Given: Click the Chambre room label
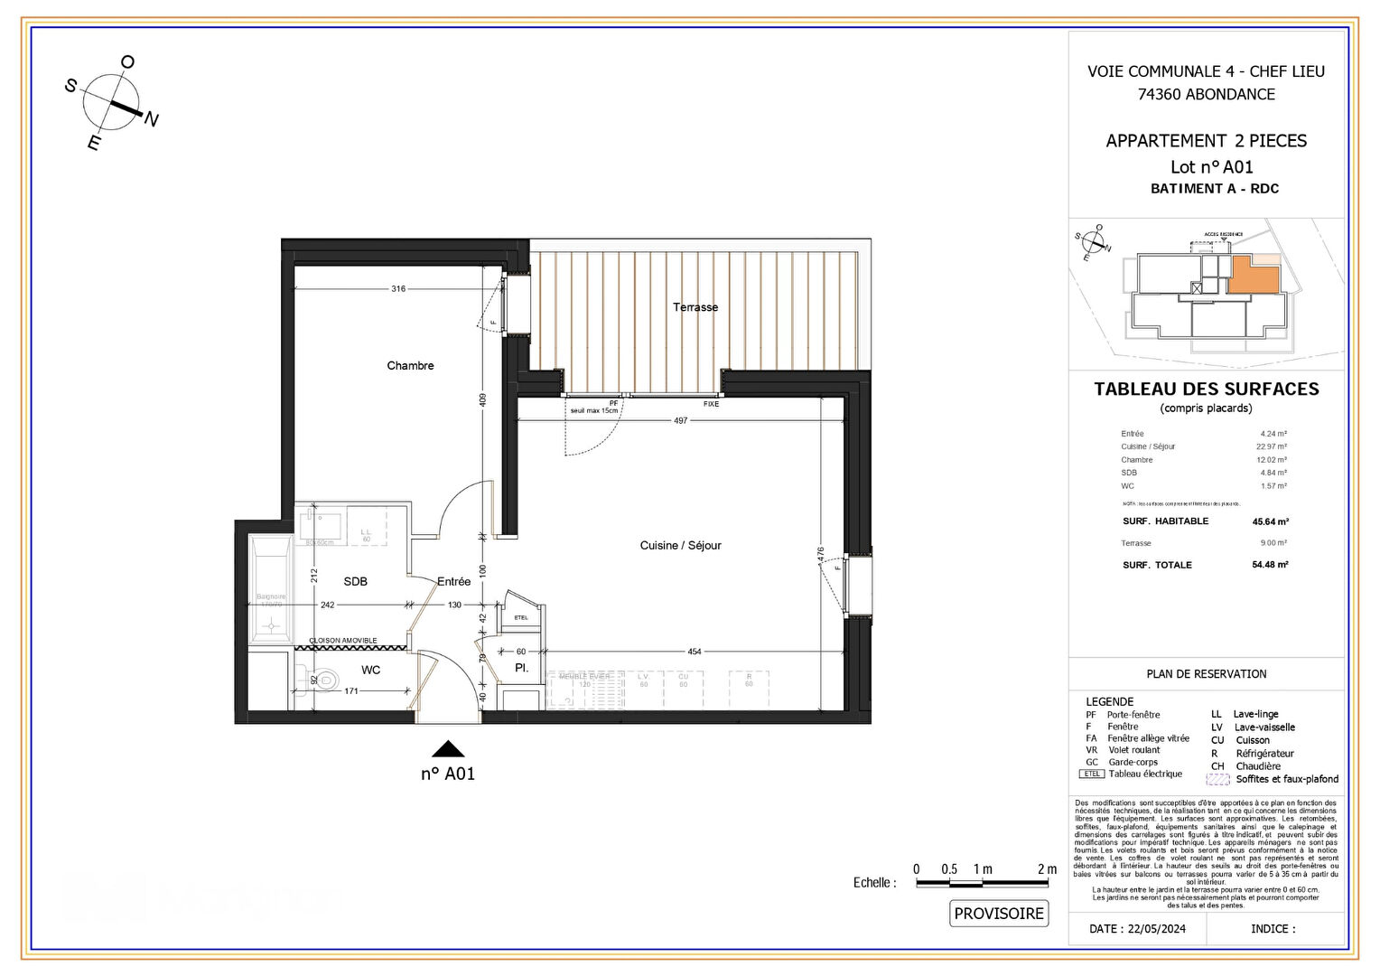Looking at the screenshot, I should [410, 365].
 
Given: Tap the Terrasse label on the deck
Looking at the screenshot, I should [695, 307].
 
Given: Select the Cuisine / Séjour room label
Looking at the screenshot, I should [680, 545].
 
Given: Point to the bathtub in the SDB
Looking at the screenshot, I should [270, 587].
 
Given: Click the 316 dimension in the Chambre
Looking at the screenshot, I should [398, 289].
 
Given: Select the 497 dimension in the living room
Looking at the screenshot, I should [680, 420].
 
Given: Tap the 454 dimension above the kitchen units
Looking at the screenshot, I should [694, 652].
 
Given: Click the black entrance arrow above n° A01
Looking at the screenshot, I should [448, 749].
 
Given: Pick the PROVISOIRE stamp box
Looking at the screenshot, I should [999, 914].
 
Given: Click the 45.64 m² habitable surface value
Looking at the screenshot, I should [1270, 521].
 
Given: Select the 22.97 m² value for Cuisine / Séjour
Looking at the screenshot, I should [1272, 446].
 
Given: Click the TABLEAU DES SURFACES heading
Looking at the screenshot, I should [1207, 389].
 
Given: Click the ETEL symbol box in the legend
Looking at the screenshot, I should [1092, 774].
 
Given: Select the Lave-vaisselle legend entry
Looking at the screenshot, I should [1264, 727].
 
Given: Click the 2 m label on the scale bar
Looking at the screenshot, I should [1047, 869].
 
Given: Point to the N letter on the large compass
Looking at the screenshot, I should [152, 119].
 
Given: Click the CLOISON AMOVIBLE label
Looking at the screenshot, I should [343, 640].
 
